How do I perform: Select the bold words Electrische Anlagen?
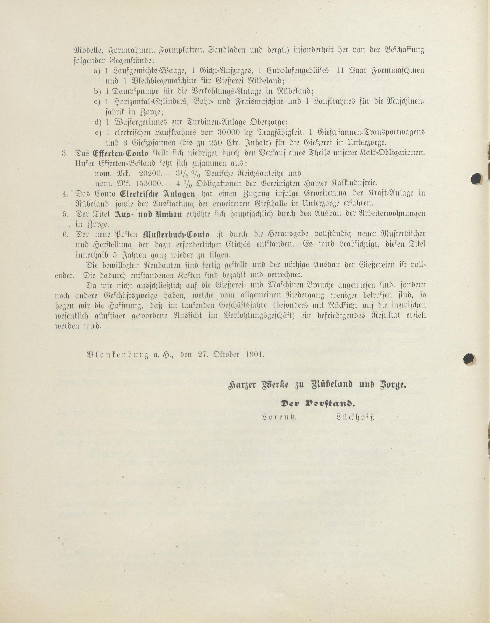(157, 194)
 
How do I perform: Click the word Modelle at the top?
(87, 50)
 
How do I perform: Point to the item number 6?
(65, 234)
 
